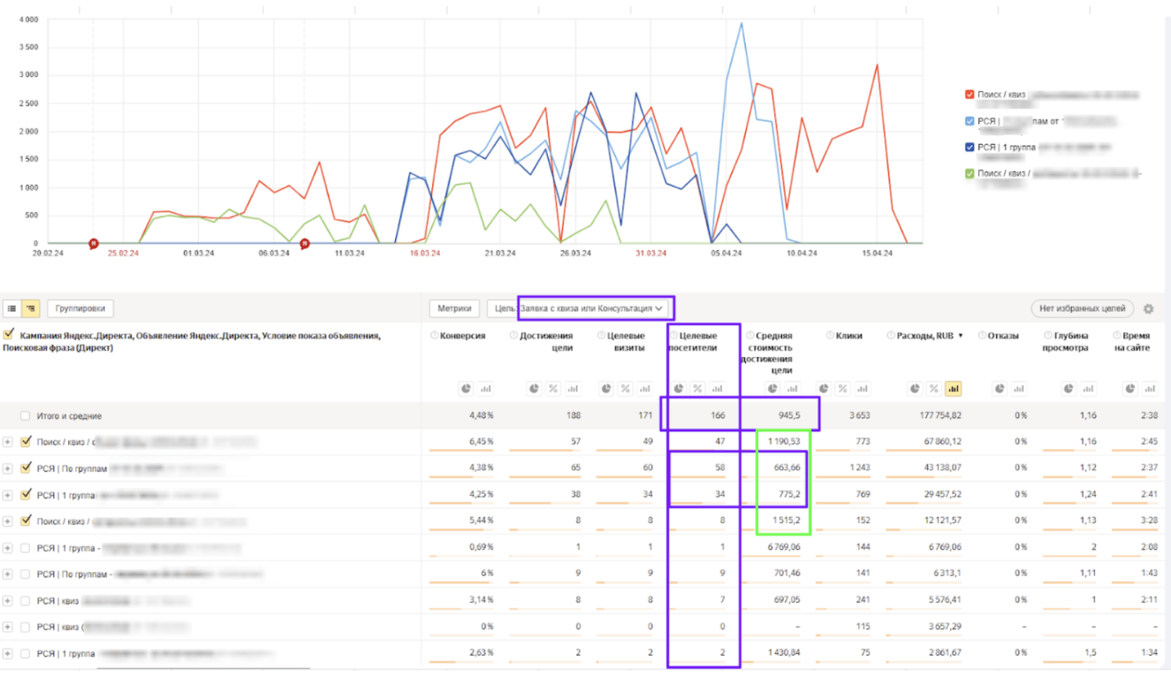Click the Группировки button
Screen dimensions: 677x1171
click(80, 308)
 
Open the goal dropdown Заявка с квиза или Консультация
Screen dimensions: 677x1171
click(590, 308)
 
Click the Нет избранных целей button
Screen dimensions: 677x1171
click(1083, 308)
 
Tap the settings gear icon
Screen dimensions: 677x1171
click(1148, 308)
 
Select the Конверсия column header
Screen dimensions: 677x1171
click(462, 336)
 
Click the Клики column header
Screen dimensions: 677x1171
click(848, 336)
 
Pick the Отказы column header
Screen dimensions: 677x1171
click(1003, 336)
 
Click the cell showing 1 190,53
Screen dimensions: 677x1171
click(782, 441)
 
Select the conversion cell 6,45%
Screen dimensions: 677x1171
click(479, 441)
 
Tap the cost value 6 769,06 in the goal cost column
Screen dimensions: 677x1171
click(778, 547)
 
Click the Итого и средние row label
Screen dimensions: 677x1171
click(69, 415)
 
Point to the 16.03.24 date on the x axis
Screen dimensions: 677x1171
click(425, 253)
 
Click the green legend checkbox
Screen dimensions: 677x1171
click(969, 173)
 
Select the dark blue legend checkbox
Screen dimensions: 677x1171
click(969, 147)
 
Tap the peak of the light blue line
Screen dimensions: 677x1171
click(741, 24)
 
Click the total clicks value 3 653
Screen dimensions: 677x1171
click(848, 415)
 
